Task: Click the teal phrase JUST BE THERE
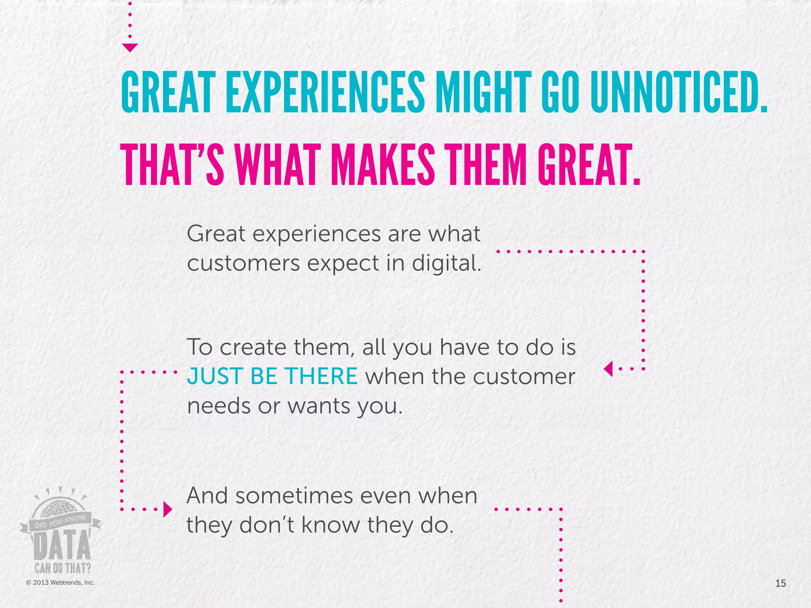coord(272,376)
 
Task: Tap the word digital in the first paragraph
coord(446,263)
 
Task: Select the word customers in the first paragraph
coord(243,263)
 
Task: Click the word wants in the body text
coord(319,406)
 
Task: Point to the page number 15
coord(781,583)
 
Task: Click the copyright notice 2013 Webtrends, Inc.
coord(60,583)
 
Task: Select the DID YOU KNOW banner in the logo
coord(60,522)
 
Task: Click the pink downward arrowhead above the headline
coord(130,47)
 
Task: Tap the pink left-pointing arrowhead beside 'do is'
coord(608,369)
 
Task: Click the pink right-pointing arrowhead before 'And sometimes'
coord(168,509)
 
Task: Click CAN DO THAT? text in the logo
coord(63,568)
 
